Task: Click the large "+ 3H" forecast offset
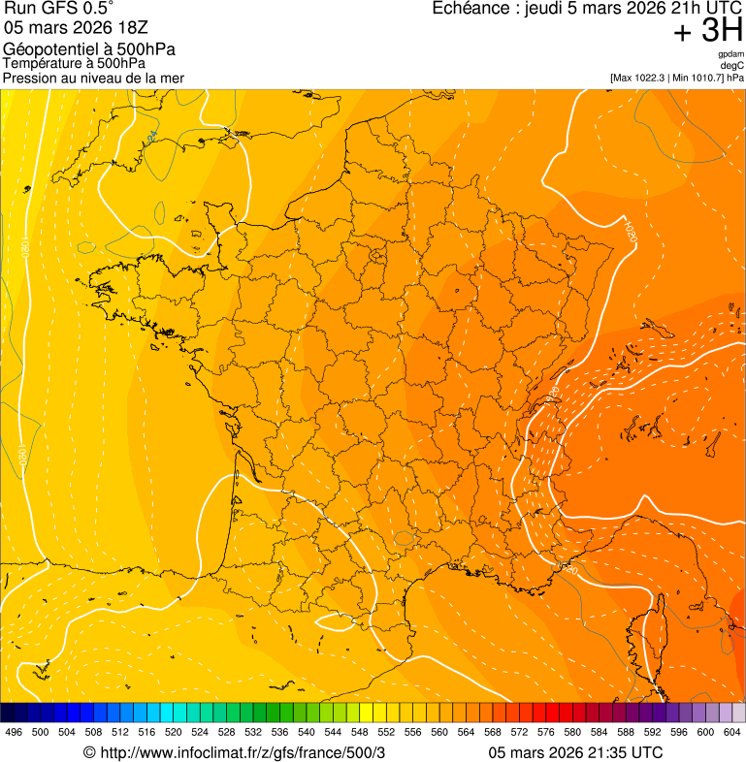(708, 32)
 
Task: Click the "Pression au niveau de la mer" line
(93, 78)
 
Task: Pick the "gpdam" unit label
(730, 55)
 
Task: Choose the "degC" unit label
(732, 66)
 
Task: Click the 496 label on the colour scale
(14, 733)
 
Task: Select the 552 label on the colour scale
(386, 733)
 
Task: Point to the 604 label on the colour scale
(732, 733)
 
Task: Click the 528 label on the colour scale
(227, 733)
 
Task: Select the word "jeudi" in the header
(545, 9)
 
